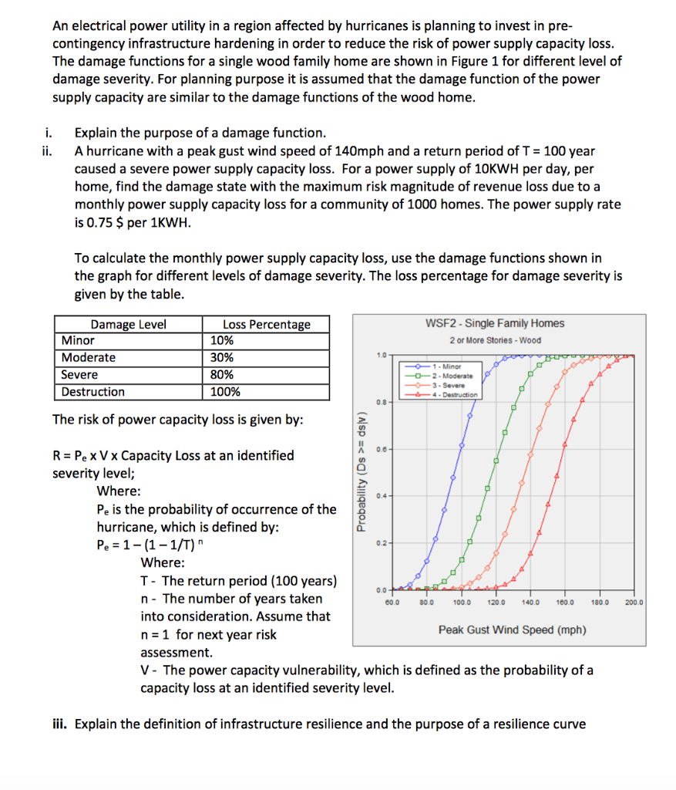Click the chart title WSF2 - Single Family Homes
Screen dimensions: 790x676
click(x=494, y=324)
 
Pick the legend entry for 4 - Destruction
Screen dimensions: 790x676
click(x=454, y=394)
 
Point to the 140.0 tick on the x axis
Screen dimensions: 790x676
click(x=530, y=602)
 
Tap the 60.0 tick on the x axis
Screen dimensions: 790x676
click(x=393, y=602)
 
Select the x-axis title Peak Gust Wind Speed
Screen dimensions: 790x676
click(x=512, y=630)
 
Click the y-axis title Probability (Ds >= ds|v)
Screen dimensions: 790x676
click(x=360, y=471)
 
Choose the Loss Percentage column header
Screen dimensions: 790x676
click(x=267, y=324)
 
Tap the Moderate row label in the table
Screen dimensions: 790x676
click(x=89, y=358)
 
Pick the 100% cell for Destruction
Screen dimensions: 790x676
click(x=225, y=392)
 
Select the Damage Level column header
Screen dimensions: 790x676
click(x=128, y=324)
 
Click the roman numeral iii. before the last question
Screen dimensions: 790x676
click(x=60, y=724)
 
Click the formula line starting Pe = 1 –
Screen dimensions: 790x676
click(x=149, y=546)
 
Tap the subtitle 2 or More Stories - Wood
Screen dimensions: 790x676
click(x=495, y=340)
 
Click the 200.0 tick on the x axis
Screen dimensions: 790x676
click(x=635, y=602)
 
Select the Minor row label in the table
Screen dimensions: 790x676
click(x=78, y=341)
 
